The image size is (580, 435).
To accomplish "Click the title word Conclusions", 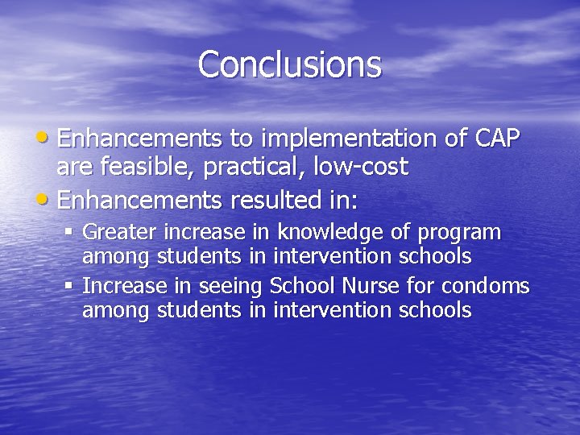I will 289,64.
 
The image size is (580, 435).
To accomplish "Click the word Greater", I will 120,233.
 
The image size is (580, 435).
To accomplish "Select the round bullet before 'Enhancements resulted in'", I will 49,195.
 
